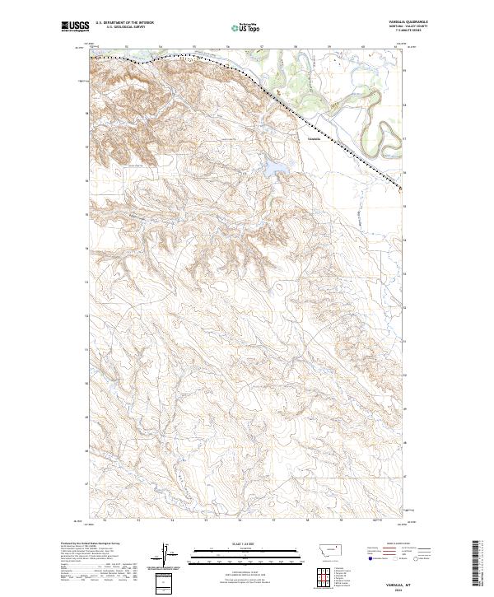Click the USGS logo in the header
tap(75, 28)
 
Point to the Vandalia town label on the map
tap(313, 138)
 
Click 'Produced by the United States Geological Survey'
tap(82, 544)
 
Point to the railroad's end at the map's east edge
tap(401, 189)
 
